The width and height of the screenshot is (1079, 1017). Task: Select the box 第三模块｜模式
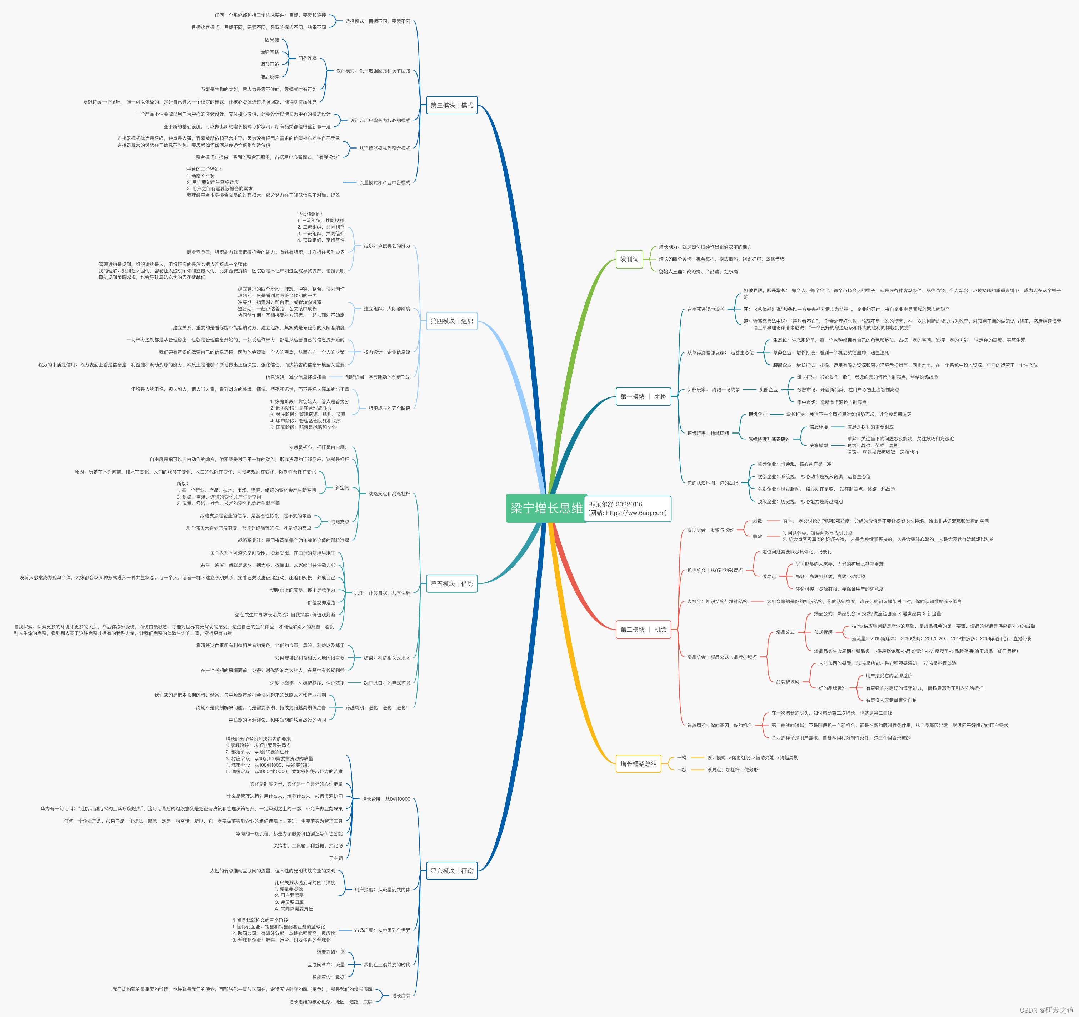click(x=451, y=105)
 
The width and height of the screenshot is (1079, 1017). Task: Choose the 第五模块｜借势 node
click(x=451, y=583)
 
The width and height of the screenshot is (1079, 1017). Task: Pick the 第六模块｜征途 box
click(x=451, y=871)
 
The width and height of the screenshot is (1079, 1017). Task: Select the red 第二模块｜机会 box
click(x=643, y=630)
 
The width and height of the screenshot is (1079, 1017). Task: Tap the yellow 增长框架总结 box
click(x=638, y=763)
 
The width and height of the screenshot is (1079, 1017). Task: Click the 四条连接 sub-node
click(x=307, y=59)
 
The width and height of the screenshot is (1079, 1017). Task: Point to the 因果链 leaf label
click(x=272, y=40)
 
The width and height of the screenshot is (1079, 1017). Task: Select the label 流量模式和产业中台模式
click(x=384, y=183)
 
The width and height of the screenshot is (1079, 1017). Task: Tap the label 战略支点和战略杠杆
click(x=389, y=494)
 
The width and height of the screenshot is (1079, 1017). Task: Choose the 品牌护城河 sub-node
click(x=788, y=682)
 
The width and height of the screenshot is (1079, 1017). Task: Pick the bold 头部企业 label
click(x=768, y=390)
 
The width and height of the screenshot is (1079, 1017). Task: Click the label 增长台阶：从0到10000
click(x=386, y=799)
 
